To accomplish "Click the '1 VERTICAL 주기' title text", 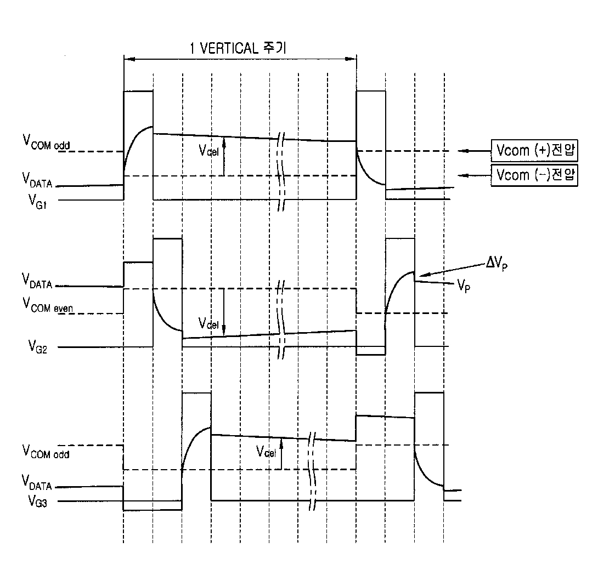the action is pyautogui.click(x=238, y=48).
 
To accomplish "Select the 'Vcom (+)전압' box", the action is pyautogui.click(x=534, y=151).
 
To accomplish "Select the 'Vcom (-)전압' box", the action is pyautogui.click(x=534, y=175).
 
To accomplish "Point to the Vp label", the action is pyautogui.click(x=464, y=286).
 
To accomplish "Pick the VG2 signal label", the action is pyautogui.click(x=37, y=347).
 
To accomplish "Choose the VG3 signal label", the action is pyautogui.click(x=37, y=500).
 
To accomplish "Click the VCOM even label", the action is pyautogui.click(x=47, y=305).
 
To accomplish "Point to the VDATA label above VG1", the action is pyautogui.click(x=37, y=180).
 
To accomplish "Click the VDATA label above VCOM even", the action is pyautogui.click(x=37, y=281).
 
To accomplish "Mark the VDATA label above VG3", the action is pyautogui.click(x=37, y=482).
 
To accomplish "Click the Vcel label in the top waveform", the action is pyautogui.click(x=208, y=151).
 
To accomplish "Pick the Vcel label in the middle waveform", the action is pyautogui.click(x=208, y=323).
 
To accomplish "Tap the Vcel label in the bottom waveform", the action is pyautogui.click(x=266, y=452).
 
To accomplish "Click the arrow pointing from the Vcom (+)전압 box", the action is pyautogui.click(x=474, y=151).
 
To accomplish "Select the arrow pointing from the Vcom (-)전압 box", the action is pyautogui.click(x=474, y=175).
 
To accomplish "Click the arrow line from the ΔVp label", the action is pyautogui.click(x=452, y=269).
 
